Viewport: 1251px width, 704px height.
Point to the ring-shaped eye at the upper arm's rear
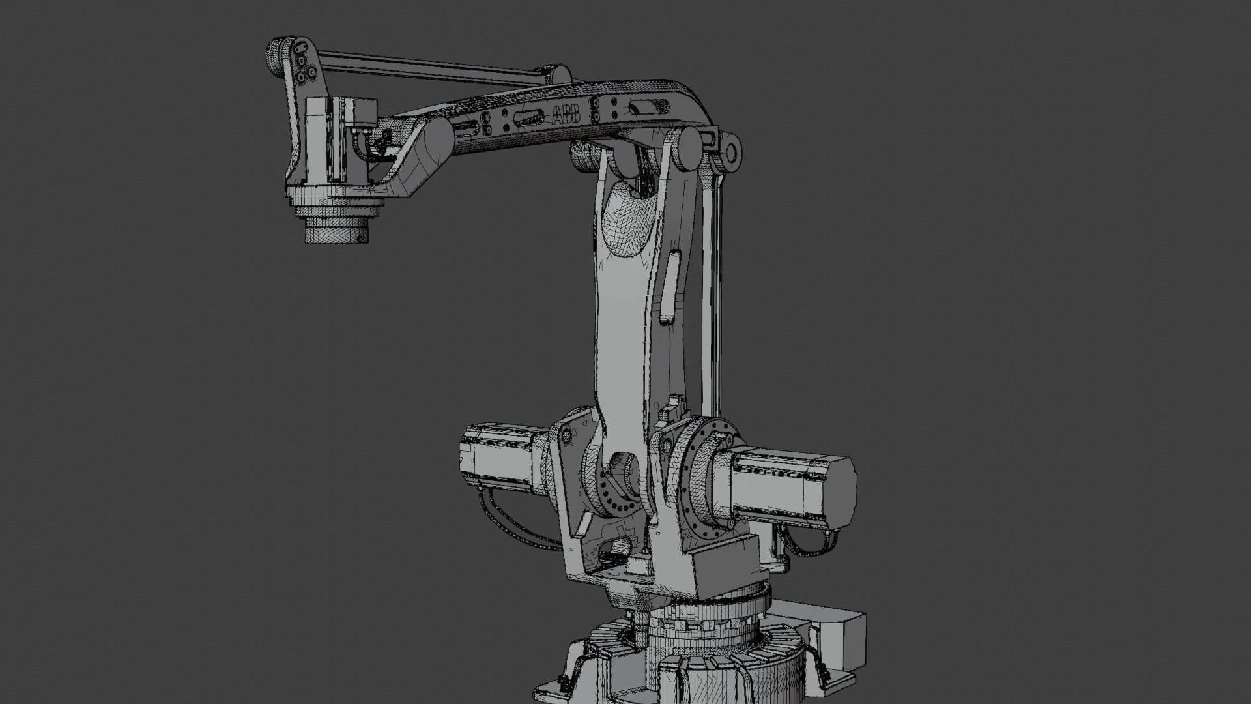pos(730,153)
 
